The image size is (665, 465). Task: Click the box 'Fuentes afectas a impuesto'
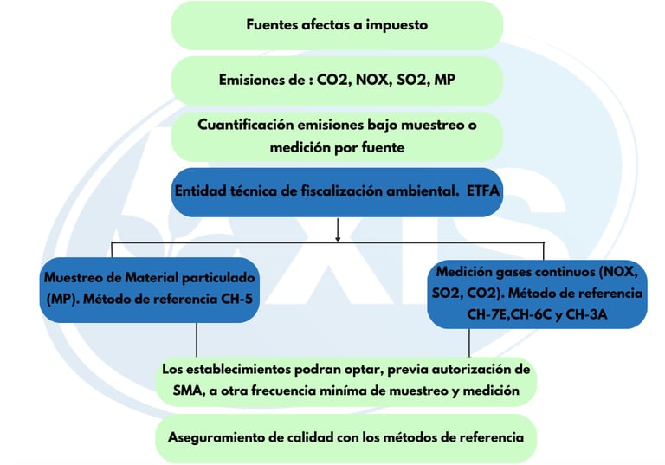pos(337,24)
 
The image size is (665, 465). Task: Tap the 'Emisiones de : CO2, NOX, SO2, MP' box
pos(337,80)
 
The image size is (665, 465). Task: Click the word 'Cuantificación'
pos(244,125)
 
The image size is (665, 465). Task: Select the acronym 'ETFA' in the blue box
pos(481,191)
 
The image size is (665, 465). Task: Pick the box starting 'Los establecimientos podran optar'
pos(345,380)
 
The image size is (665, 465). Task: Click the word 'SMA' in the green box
pos(179,391)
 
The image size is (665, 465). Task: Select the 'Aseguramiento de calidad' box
pos(345,437)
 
